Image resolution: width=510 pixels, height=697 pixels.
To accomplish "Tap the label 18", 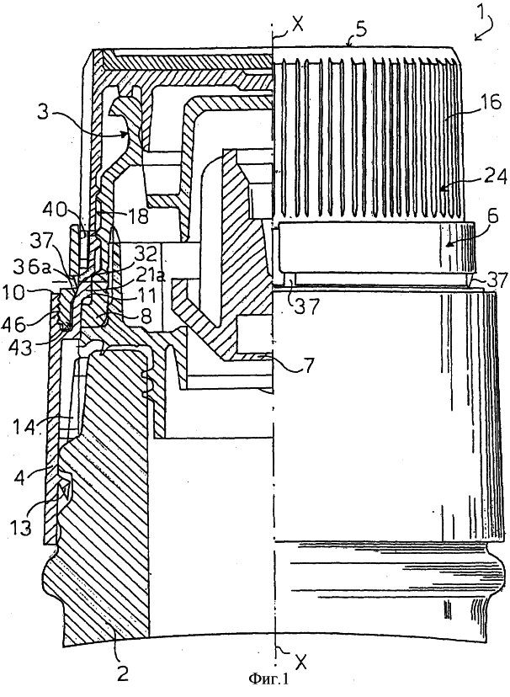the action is pos(138,216).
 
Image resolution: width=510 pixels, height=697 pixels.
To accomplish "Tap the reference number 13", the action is pos(21,527).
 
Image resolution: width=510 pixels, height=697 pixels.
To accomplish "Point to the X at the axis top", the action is pos(297,24).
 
